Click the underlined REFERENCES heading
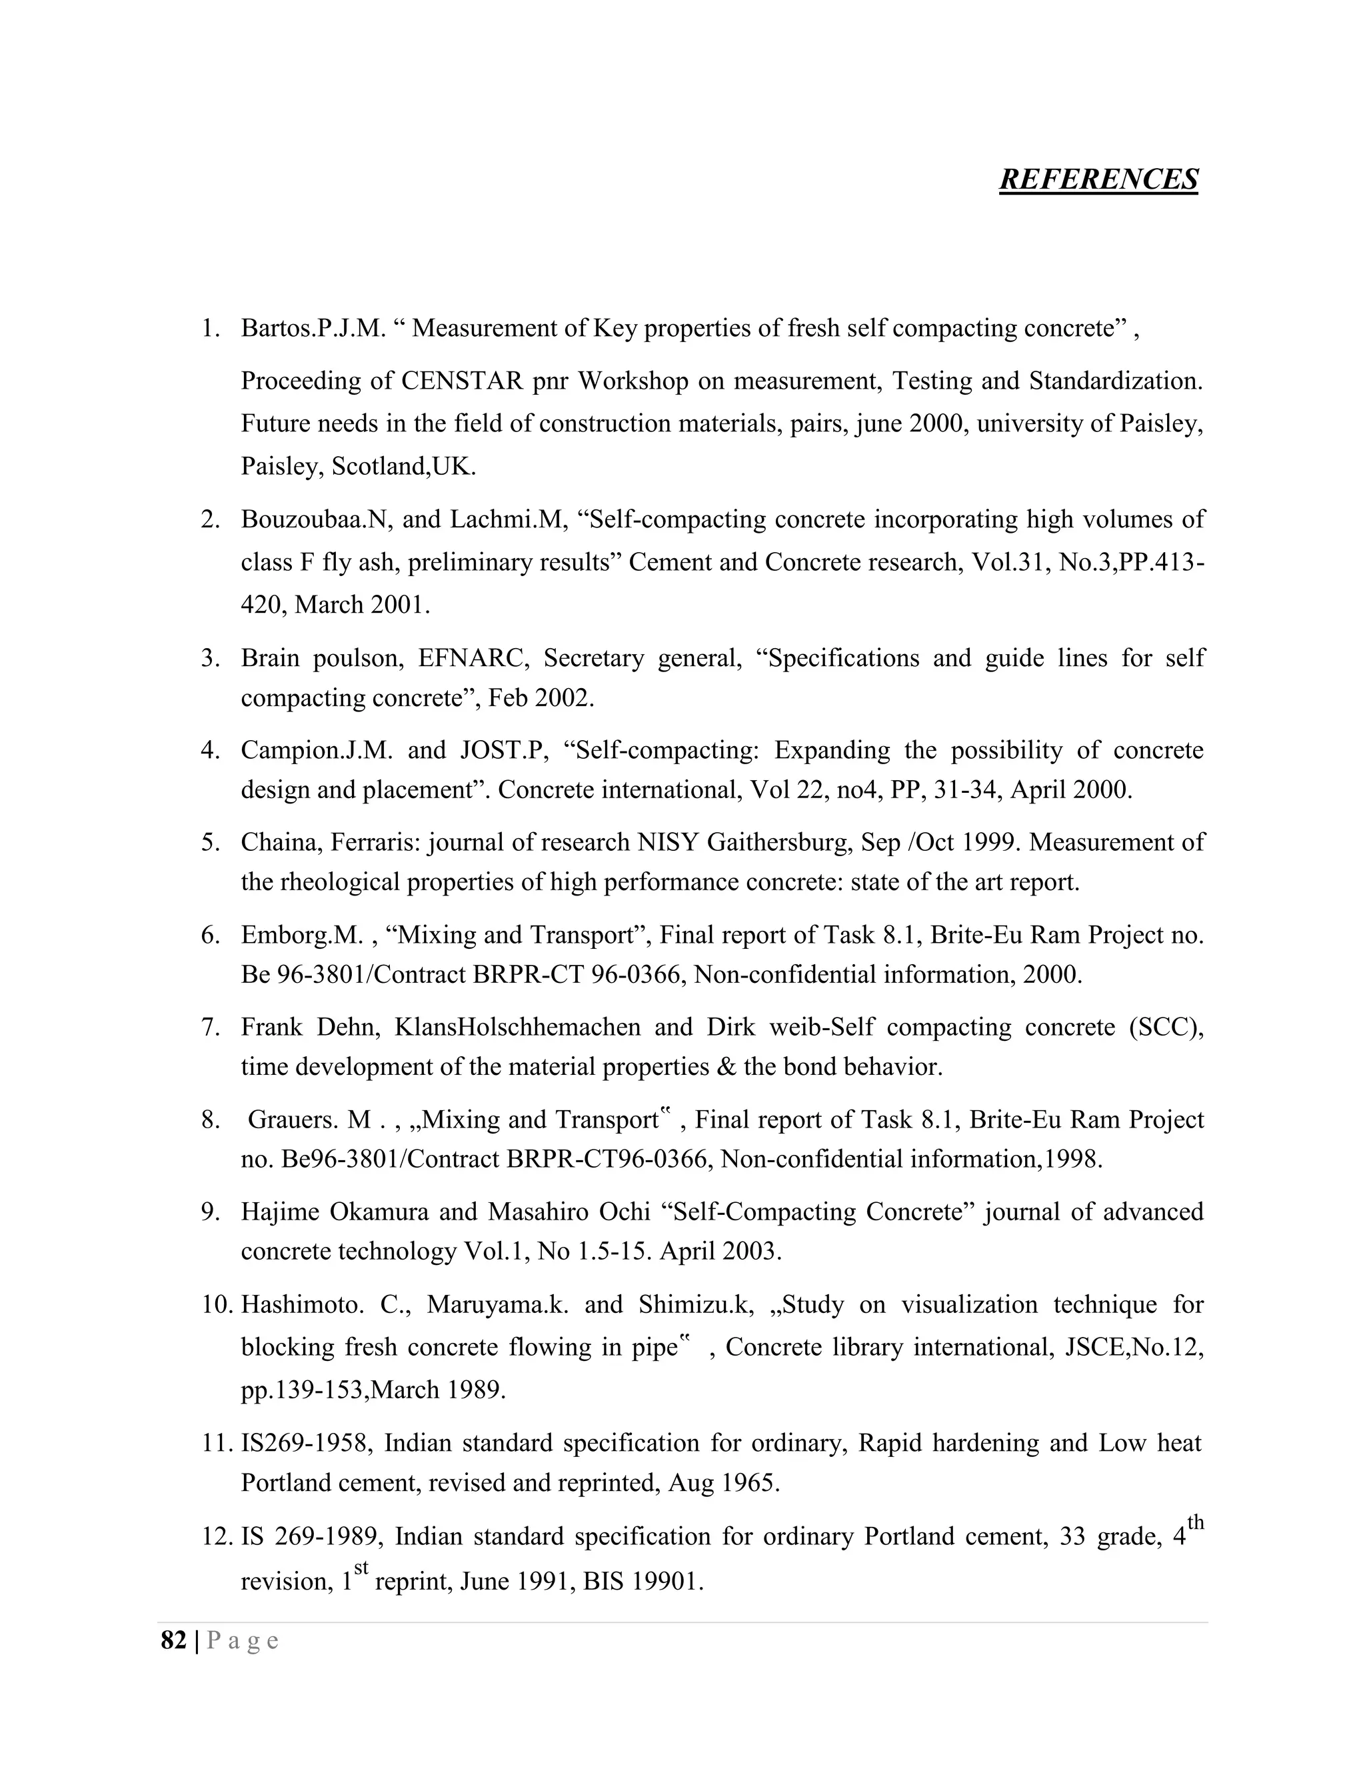click(1098, 179)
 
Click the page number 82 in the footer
click(173, 1640)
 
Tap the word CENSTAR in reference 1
click(462, 380)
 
